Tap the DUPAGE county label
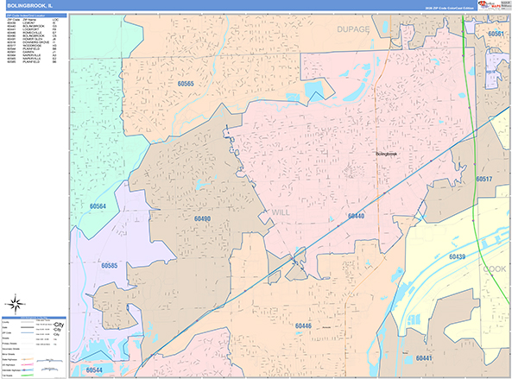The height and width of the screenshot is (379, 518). (352, 29)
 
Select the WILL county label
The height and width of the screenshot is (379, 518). (282, 211)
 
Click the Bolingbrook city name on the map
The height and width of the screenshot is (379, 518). (390, 154)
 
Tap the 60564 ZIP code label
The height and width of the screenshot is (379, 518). (101, 206)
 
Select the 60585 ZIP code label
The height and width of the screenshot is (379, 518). (109, 266)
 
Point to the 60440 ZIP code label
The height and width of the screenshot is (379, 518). (356, 216)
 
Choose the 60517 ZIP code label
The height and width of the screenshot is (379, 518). (483, 179)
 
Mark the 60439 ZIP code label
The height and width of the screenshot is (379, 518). (457, 256)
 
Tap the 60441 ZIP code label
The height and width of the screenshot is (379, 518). (423, 357)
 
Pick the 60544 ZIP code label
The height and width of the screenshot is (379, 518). (94, 369)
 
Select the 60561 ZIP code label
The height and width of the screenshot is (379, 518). (496, 34)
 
